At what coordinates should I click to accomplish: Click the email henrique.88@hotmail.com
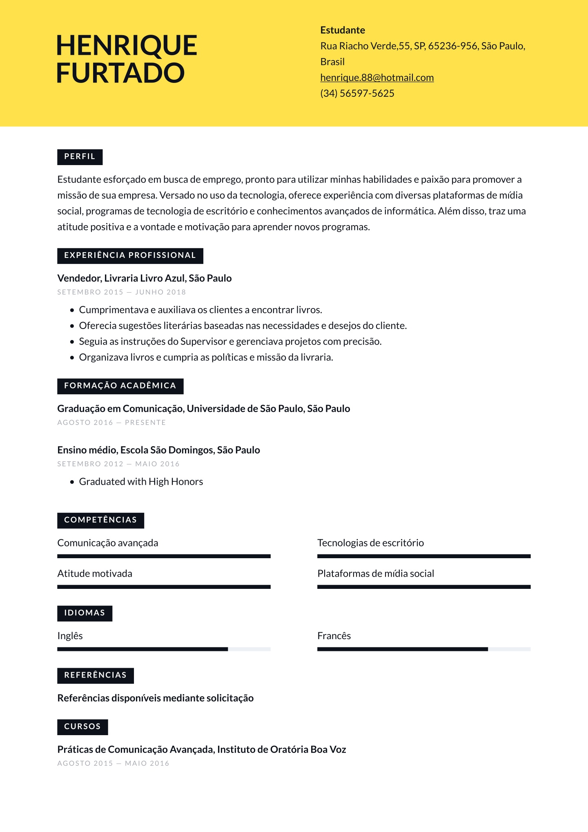pos(376,78)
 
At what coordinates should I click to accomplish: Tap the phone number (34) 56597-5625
pos(357,94)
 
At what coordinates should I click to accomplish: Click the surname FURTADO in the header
pos(120,73)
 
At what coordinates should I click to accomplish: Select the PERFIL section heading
pos(80,157)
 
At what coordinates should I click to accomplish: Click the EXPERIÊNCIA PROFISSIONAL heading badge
pos(130,256)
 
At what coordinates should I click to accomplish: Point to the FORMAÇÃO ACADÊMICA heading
pos(120,386)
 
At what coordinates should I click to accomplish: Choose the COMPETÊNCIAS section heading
pos(100,520)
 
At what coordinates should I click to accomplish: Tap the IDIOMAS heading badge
pos(85,613)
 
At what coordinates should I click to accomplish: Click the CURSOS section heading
pos(82,727)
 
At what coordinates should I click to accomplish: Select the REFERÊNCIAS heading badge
pos(95,675)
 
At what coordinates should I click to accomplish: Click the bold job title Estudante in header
pos(342,30)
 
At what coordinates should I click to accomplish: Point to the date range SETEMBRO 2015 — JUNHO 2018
pos(121,292)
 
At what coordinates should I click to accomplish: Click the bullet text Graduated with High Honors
pos(141,482)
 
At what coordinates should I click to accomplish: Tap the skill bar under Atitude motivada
pos(164,587)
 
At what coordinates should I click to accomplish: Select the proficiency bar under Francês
pos(423,649)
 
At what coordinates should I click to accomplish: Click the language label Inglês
pos(70,636)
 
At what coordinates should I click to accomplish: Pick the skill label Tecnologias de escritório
pos(370,543)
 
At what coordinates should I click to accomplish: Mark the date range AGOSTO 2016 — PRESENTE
pos(111,423)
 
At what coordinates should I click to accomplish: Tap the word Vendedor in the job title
pos(79,278)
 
